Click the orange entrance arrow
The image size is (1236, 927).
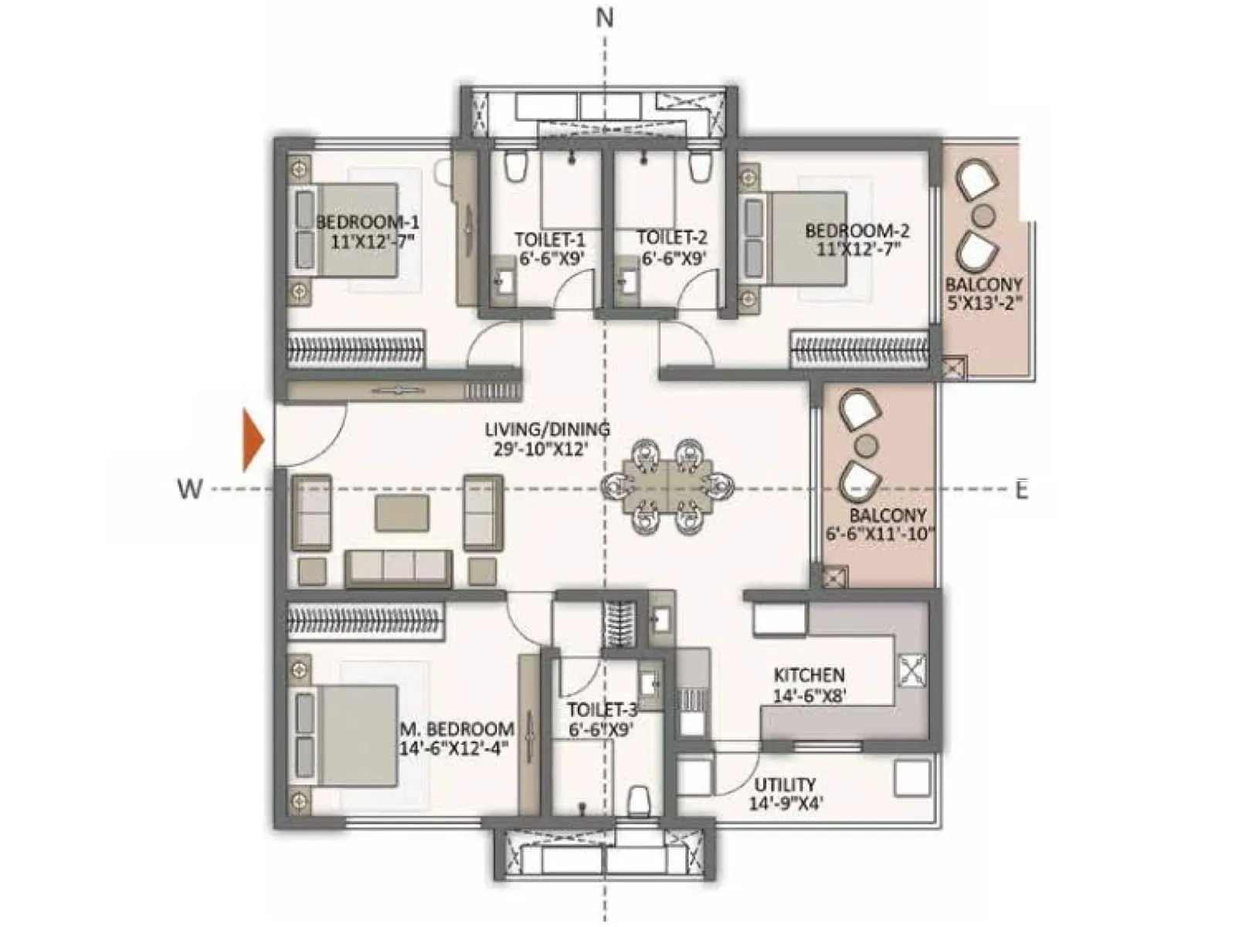[253, 441]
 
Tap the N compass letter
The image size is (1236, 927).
[605, 18]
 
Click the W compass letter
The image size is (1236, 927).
[189, 489]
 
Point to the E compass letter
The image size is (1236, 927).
[1021, 490]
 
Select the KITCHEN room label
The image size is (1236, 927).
[809, 675]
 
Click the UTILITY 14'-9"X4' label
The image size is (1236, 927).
[785, 794]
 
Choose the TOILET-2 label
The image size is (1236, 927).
[671, 238]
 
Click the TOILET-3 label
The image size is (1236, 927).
[602, 710]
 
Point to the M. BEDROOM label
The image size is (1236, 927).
[457, 729]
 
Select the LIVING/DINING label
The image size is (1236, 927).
[547, 430]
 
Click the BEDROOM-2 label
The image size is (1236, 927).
[857, 230]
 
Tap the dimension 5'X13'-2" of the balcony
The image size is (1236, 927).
[984, 304]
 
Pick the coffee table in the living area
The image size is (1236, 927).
[402, 513]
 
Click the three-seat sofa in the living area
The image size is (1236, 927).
[399, 567]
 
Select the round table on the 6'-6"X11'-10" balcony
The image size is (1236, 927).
[868, 445]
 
